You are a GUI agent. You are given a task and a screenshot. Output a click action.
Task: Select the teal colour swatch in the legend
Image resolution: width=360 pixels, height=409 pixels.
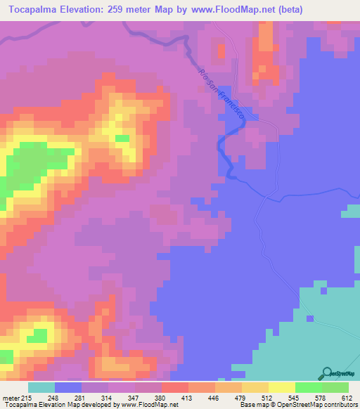(x=41, y=388)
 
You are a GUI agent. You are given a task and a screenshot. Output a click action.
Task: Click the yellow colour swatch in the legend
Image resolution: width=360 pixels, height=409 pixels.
(x=281, y=388)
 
